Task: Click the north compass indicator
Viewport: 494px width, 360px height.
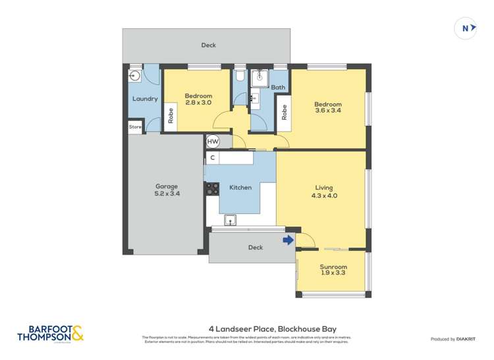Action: tap(466, 28)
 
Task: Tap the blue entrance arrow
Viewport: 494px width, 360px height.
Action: tap(288, 240)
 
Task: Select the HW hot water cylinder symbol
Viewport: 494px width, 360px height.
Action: tap(213, 141)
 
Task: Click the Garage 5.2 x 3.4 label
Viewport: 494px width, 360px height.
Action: tap(166, 190)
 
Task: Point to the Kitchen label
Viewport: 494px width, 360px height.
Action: tap(240, 188)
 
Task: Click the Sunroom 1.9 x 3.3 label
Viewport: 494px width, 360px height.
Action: tap(333, 270)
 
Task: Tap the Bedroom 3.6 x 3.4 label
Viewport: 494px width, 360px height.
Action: tap(327, 107)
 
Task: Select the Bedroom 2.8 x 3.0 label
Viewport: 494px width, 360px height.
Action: tap(198, 99)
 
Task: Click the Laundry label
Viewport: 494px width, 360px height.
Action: tap(144, 99)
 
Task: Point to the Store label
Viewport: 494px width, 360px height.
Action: tap(135, 126)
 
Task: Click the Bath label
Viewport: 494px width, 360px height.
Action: tap(278, 88)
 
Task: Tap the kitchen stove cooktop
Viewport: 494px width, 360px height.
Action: tap(212, 189)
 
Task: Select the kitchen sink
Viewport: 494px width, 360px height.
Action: tap(231, 220)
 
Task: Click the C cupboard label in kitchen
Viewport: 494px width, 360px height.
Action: tap(212, 158)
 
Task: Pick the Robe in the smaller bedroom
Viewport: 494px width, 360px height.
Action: tap(171, 116)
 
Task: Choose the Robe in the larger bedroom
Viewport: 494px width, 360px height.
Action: tap(284, 113)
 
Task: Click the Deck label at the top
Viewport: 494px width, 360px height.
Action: tap(208, 45)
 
